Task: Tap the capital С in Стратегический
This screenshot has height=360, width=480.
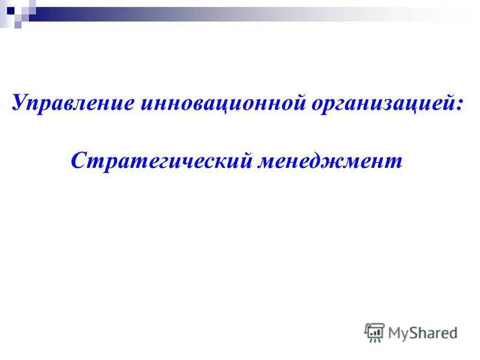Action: coord(78,160)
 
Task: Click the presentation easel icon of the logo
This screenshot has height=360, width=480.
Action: coord(374,332)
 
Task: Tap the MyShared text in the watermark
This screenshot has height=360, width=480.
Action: coord(422,332)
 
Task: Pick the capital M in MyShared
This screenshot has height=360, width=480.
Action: coord(395,332)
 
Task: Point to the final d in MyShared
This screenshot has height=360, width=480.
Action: coord(454,332)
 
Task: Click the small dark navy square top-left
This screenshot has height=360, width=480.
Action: coord(10,10)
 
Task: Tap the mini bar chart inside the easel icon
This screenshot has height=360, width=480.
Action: coord(374,330)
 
